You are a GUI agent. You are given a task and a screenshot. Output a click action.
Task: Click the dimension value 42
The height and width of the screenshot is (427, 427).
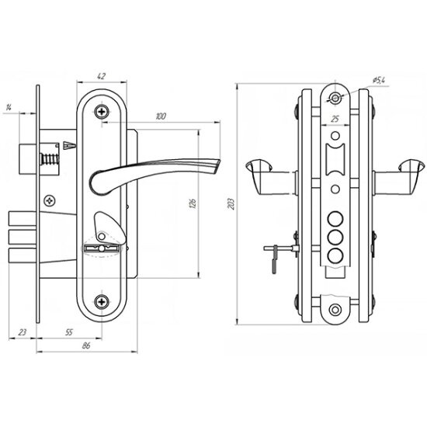[101, 76]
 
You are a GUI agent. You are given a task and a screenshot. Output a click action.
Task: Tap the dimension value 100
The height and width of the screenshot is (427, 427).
[161, 116]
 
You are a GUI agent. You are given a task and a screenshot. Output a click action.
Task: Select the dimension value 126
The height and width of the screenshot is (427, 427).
[193, 203]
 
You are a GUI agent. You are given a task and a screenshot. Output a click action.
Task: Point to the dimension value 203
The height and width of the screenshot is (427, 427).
[231, 203]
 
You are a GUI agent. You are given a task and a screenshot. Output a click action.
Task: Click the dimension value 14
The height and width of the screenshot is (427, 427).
[9, 108]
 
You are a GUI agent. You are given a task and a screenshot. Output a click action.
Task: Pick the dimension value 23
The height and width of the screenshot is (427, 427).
[23, 332]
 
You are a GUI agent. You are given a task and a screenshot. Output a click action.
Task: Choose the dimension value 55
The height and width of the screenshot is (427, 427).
[69, 332]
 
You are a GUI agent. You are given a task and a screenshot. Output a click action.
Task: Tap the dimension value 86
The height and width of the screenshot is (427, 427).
[86, 345]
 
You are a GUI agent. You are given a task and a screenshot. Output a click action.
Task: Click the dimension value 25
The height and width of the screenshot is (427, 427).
[335, 119]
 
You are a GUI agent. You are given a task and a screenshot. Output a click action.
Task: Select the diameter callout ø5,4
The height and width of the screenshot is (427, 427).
[379, 80]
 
